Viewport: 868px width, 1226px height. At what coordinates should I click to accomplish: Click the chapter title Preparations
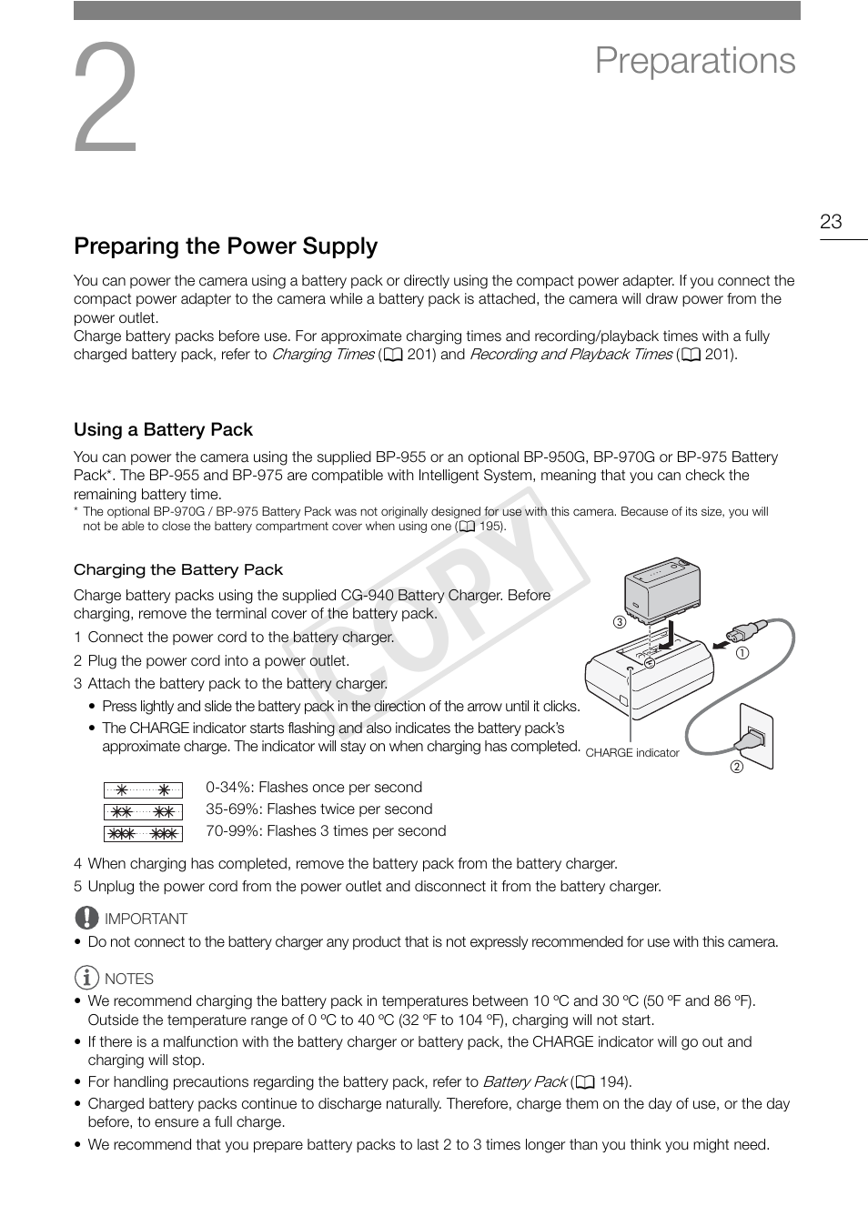click(695, 61)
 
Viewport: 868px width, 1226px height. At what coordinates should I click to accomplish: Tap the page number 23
click(831, 222)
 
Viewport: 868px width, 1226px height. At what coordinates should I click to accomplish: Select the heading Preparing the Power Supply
click(226, 246)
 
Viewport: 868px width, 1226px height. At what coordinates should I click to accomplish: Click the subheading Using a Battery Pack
click(163, 430)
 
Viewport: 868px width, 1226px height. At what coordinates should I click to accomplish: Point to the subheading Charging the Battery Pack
click(178, 570)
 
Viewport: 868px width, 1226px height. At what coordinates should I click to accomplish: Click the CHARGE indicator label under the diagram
click(632, 753)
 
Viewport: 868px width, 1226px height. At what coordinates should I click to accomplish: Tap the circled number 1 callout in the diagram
click(742, 653)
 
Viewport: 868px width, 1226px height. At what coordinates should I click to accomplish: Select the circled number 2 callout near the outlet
click(737, 767)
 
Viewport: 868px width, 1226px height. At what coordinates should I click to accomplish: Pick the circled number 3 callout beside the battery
click(619, 623)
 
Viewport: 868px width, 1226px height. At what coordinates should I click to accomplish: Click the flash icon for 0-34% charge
click(143, 790)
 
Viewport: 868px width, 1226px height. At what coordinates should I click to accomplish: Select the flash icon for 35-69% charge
click(143, 812)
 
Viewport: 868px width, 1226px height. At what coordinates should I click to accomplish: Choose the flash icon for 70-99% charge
click(143, 834)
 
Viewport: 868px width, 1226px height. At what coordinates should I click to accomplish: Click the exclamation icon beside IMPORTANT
click(86, 918)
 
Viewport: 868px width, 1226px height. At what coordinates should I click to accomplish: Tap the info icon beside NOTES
click(86, 979)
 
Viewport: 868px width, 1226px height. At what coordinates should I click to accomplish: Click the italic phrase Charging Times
click(323, 355)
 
